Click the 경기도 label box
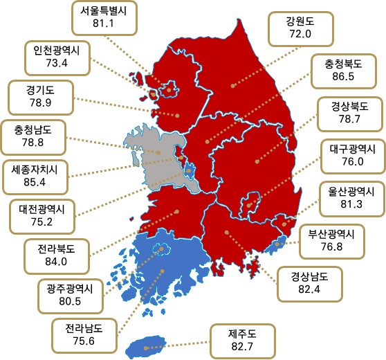click(40, 98)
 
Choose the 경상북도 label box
click(350, 114)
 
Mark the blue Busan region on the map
click(276, 243)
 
